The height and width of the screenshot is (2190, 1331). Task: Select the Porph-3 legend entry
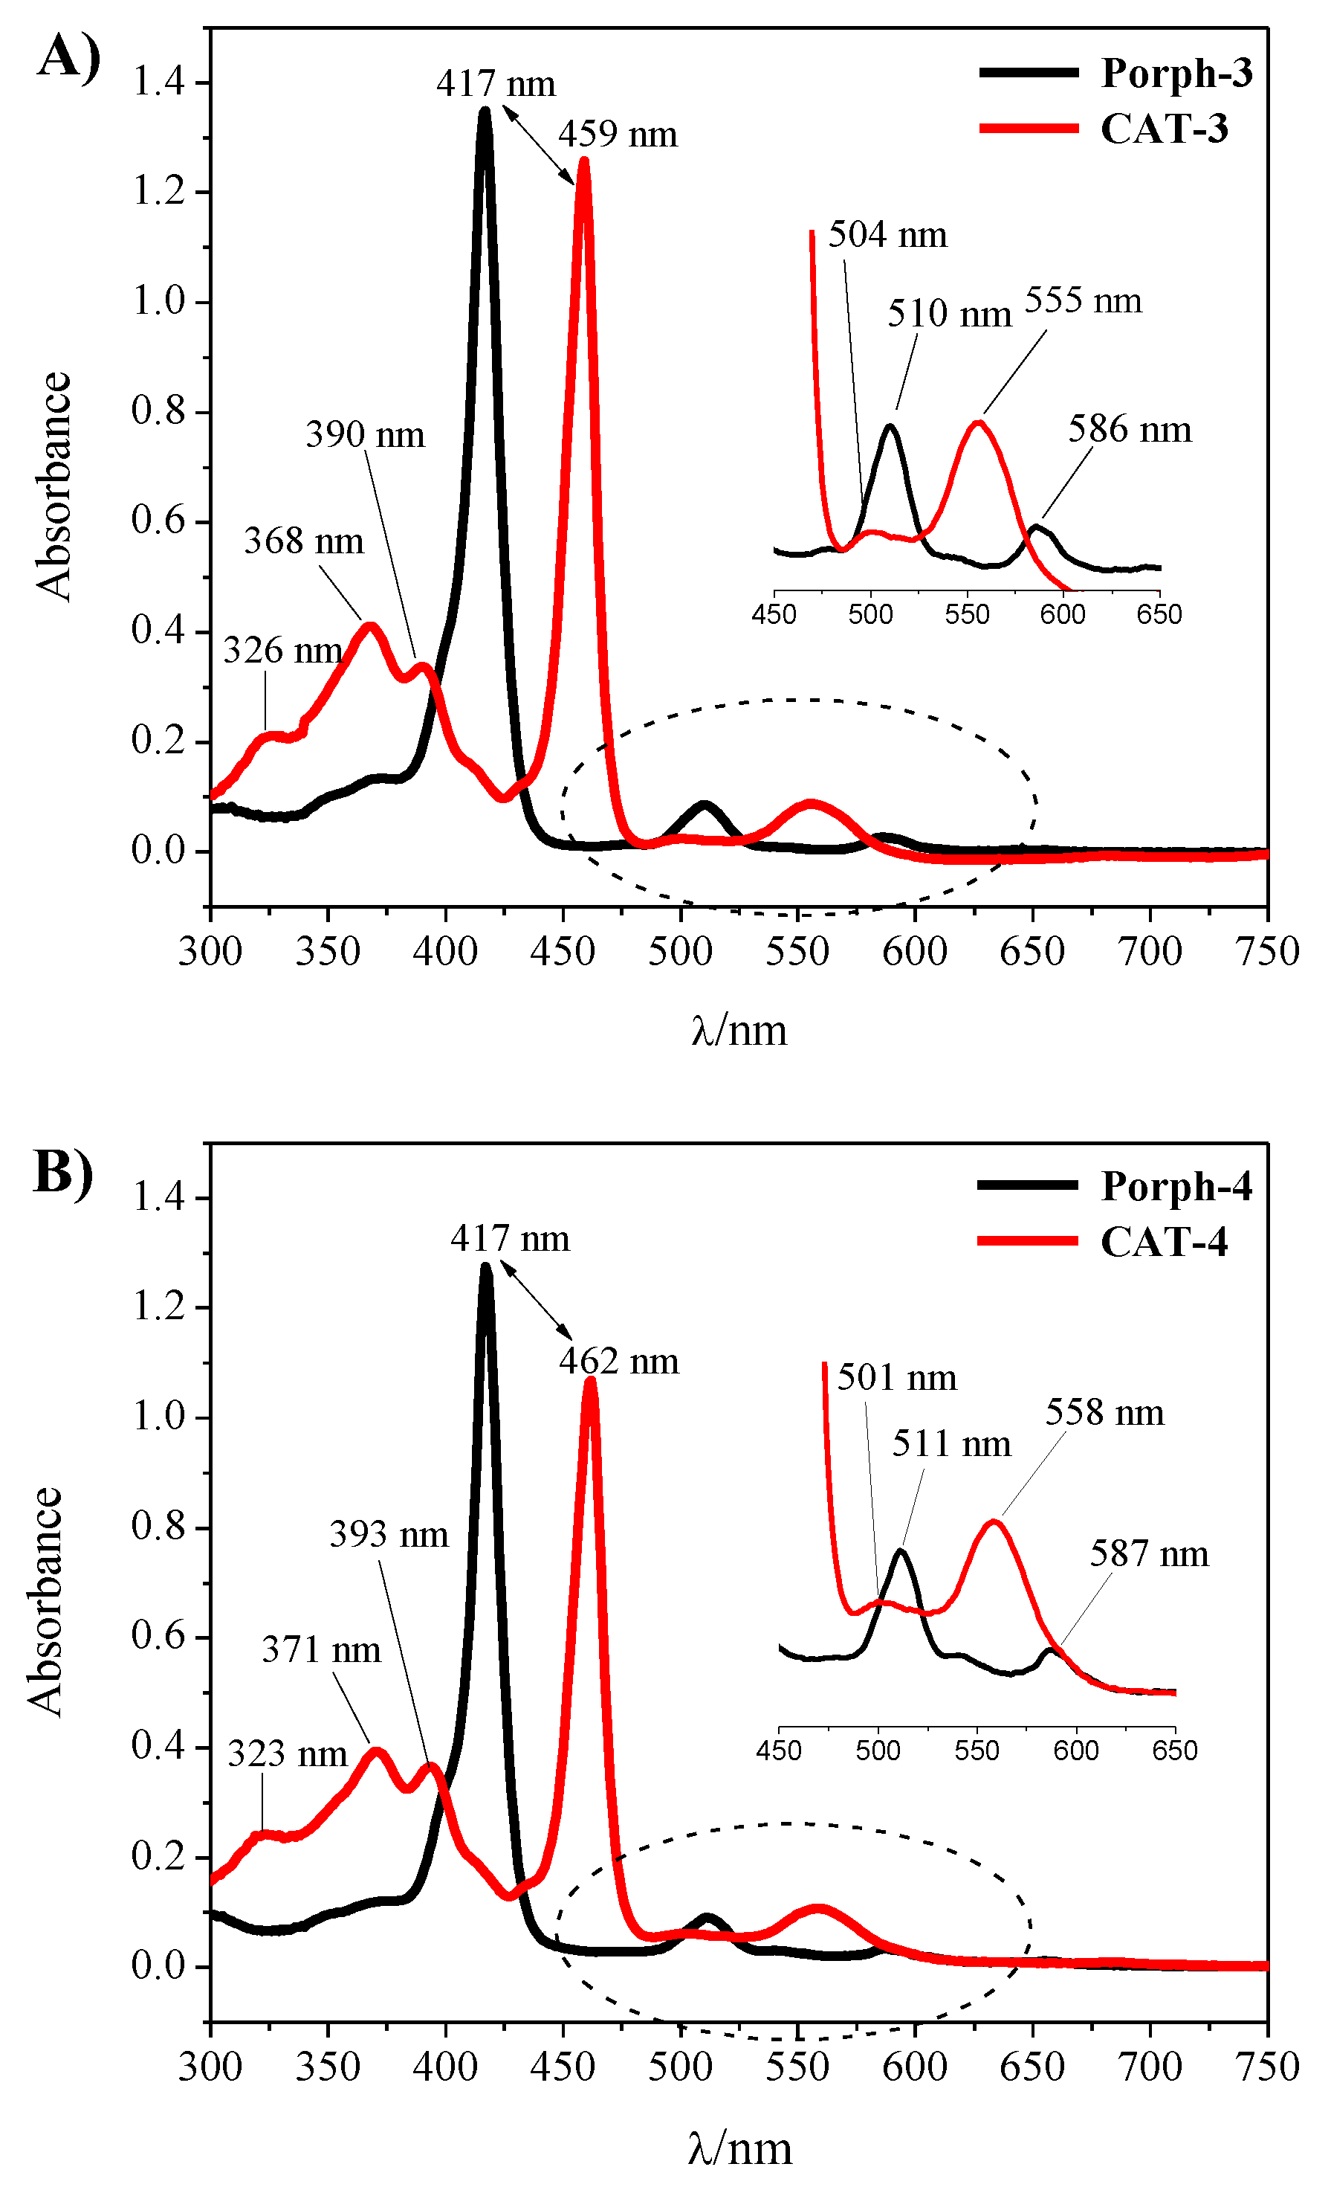(1176, 73)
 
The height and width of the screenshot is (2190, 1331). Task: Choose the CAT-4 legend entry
(1163, 1242)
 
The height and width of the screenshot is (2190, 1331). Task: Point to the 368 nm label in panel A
(304, 541)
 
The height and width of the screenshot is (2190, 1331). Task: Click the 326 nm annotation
(282, 651)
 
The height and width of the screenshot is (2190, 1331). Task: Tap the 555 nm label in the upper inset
(1082, 301)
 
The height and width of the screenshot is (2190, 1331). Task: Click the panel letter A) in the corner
(68, 58)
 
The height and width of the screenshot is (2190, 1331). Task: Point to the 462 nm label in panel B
(618, 1362)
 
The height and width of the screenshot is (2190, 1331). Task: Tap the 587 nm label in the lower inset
(1149, 1554)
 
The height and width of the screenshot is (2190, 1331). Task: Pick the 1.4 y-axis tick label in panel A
(158, 83)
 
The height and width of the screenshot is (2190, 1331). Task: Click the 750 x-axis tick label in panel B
(1267, 2067)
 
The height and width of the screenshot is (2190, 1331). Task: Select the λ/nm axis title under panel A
(739, 1030)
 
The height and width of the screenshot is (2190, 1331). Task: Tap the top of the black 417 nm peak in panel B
(485, 1266)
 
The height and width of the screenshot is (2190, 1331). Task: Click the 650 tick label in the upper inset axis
(1159, 615)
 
